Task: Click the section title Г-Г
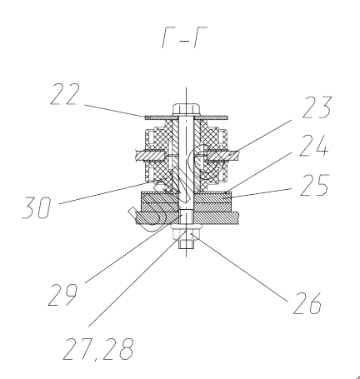click(x=185, y=37)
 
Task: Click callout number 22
click(x=65, y=94)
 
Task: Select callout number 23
click(x=317, y=107)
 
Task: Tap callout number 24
click(x=314, y=146)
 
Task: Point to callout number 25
click(x=315, y=185)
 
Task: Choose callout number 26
click(x=307, y=303)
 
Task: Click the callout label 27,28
click(x=98, y=349)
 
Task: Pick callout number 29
click(x=62, y=295)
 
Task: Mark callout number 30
click(x=37, y=207)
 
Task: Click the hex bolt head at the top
click(x=186, y=109)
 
